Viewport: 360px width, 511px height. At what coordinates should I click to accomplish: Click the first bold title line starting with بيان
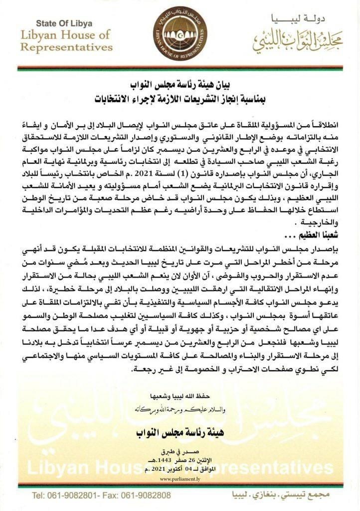(180, 84)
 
